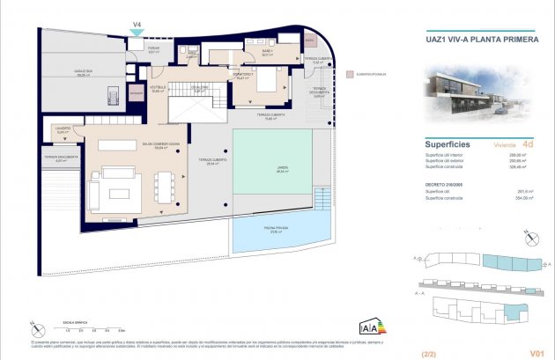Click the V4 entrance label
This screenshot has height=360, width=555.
[x=137, y=25]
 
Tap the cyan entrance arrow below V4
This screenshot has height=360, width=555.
[x=137, y=34]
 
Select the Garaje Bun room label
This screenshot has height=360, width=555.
[x=85, y=75]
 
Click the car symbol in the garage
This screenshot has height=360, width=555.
[x=112, y=94]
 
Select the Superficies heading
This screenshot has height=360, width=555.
[x=448, y=143]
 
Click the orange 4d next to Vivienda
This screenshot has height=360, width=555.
[x=527, y=143]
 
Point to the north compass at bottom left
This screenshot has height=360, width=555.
[x=34, y=328]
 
